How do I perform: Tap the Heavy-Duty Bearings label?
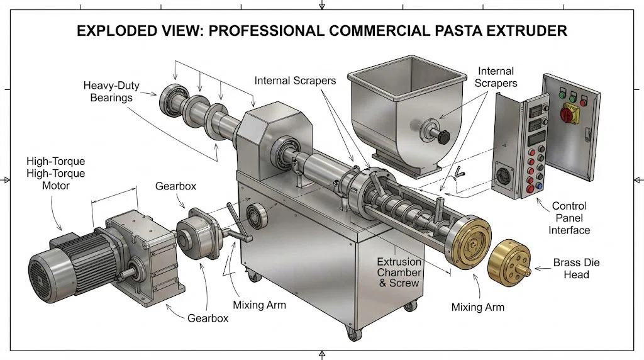tap(111, 91)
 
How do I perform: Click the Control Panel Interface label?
tap(569, 218)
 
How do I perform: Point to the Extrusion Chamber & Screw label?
tap(399, 272)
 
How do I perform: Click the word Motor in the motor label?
tap(57, 186)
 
